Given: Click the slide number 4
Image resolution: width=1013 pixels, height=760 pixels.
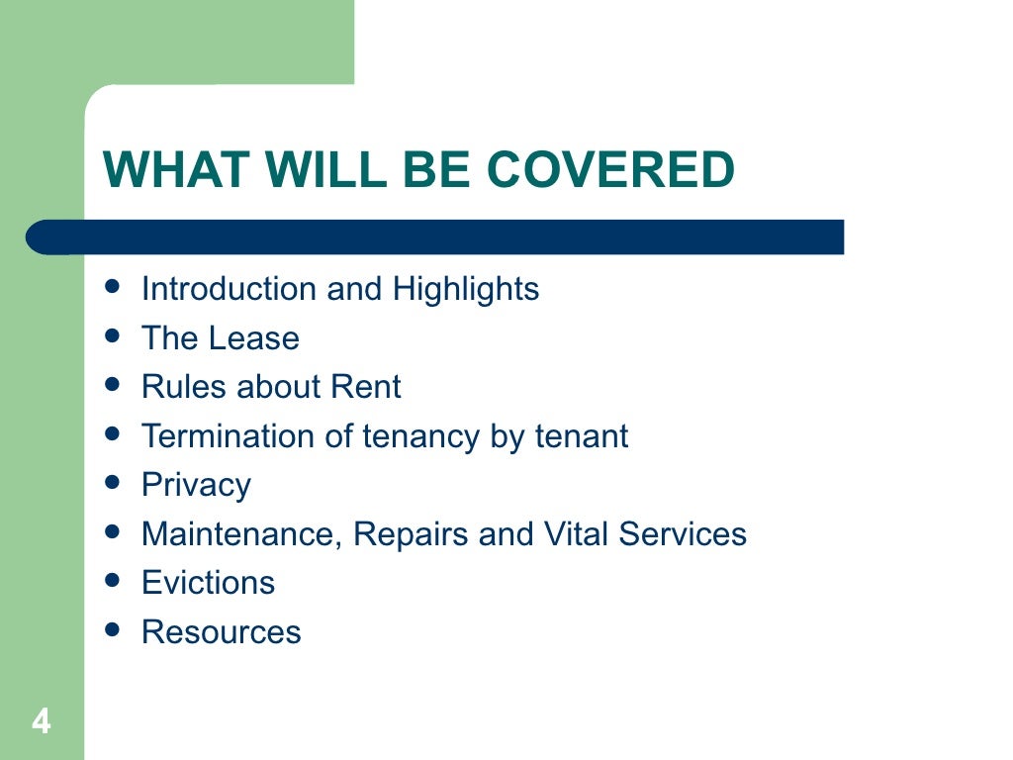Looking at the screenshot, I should pyautogui.click(x=41, y=721).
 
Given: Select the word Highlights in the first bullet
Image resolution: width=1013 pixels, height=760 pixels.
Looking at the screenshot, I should pyautogui.click(x=466, y=289).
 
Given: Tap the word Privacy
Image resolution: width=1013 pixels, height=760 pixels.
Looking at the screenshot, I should pyautogui.click(x=196, y=485).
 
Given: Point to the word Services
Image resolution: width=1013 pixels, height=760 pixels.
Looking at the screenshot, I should pyautogui.click(x=683, y=534).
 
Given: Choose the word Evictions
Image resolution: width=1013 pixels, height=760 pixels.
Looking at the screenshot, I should pyautogui.click(x=208, y=583).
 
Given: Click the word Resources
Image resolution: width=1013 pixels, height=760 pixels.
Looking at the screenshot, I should pyautogui.click(x=221, y=632).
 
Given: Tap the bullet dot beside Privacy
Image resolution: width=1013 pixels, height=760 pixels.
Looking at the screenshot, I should pyautogui.click(x=112, y=482).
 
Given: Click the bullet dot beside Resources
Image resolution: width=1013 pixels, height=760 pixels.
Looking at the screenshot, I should pyautogui.click(x=112, y=629).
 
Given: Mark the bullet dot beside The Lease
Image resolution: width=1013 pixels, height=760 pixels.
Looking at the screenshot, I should pyautogui.click(x=112, y=335).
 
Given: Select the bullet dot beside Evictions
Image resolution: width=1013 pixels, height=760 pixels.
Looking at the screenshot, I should pyautogui.click(x=112, y=580).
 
